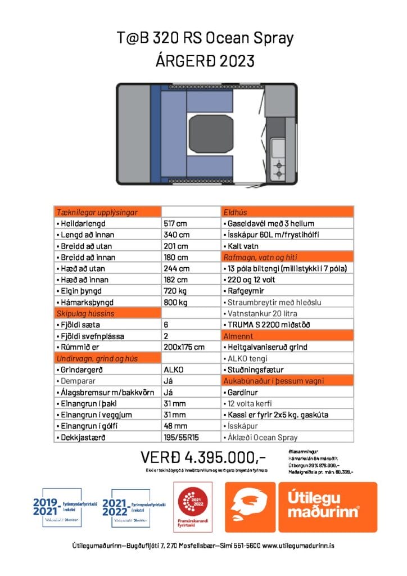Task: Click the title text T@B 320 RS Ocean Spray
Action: coord(203,38)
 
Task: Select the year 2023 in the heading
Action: coord(234,60)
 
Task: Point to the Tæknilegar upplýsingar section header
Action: coord(99,212)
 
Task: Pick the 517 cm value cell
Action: coord(176,223)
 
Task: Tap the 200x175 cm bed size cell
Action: coord(187,347)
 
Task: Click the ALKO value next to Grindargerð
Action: coord(175,370)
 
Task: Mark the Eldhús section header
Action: coord(236,212)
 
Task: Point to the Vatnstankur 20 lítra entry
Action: coord(262,313)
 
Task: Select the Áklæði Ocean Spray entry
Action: coord(263,437)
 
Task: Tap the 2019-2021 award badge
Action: coord(65,507)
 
